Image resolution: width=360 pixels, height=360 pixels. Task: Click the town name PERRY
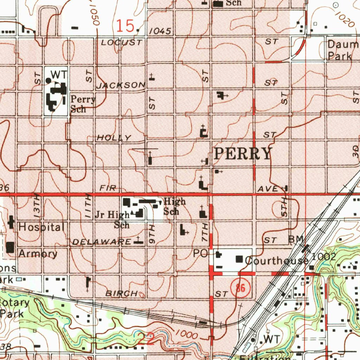pos(243,154)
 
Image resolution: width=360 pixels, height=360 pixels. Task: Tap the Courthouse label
pos(276,261)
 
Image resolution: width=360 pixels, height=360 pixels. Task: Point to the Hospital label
pos(41,227)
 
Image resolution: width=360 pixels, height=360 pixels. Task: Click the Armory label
pos(38,253)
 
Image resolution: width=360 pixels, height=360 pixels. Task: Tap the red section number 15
pos(125,26)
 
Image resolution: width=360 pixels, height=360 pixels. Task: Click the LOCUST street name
pos(121,43)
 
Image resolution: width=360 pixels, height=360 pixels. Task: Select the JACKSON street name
pos(121,85)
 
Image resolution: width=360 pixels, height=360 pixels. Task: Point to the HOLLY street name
pos(114,138)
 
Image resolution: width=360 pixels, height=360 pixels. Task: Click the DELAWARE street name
pos(102,242)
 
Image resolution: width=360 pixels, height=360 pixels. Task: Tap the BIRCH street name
pos(122,293)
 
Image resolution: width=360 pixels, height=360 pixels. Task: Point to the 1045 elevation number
pos(160,32)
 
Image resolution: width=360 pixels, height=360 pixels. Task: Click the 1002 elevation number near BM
pos(324,257)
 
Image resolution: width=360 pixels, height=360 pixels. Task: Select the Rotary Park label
pos(14,308)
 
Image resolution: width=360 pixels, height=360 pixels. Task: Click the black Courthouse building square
pos(240,259)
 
